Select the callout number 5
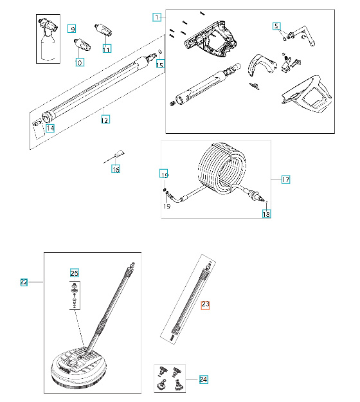(276, 26)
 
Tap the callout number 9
(72, 29)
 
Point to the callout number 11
(106, 48)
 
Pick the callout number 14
(50, 128)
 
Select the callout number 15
(160, 64)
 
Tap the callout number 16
(116, 169)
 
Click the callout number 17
(285, 180)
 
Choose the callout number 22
(24, 282)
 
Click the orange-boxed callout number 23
(206, 305)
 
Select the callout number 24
(203, 379)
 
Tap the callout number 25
(74, 273)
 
